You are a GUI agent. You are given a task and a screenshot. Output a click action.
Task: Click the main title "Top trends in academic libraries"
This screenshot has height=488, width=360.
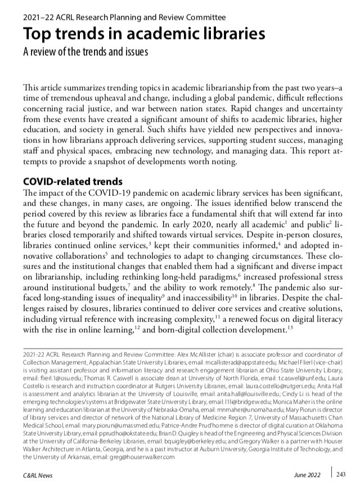pyautogui.click(x=144, y=34)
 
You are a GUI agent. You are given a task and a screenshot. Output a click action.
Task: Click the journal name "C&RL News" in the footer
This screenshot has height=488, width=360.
pyautogui.click(x=38, y=476)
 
